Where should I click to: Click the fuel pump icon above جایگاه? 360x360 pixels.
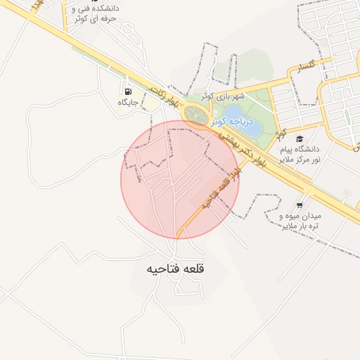point(128,91)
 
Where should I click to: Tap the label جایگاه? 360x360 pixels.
point(128,103)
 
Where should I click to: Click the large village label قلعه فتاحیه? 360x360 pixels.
point(176,269)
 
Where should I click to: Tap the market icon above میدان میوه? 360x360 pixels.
point(300,205)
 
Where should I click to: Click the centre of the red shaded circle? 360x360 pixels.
point(180,180)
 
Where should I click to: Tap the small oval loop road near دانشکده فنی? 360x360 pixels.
point(127,29)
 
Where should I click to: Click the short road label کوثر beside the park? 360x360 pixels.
point(281,131)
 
